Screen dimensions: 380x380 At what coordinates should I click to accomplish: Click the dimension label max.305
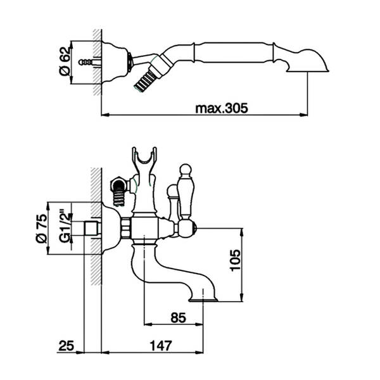tap(222, 108)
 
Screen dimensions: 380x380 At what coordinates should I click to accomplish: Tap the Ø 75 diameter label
tap(41, 228)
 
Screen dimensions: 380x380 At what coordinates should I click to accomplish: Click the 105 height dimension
tap(235, 260)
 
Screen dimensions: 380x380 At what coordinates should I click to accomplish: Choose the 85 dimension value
tap(178, 317)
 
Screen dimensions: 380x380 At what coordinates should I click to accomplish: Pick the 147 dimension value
tap(161, 345)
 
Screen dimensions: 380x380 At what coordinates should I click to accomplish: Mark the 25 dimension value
tap(66, 345)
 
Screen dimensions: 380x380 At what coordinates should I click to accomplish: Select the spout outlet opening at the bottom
tap(203, 301)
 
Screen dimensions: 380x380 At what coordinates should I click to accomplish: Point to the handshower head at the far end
tap(307, 61)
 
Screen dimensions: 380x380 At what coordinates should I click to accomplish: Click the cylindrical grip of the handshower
tap(234, 53)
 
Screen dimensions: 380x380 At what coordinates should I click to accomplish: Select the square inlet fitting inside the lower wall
tap(92, 229)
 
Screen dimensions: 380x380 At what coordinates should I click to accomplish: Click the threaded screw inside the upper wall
tap(85, 62)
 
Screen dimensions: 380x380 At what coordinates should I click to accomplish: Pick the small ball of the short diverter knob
tap(172, 190)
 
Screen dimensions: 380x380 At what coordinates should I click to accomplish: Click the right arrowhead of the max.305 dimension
tap(303, 115)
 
